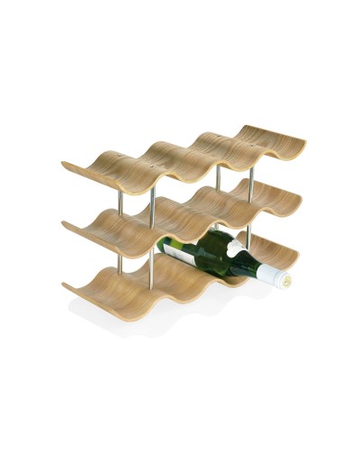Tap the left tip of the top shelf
click(x=65, y=165)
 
